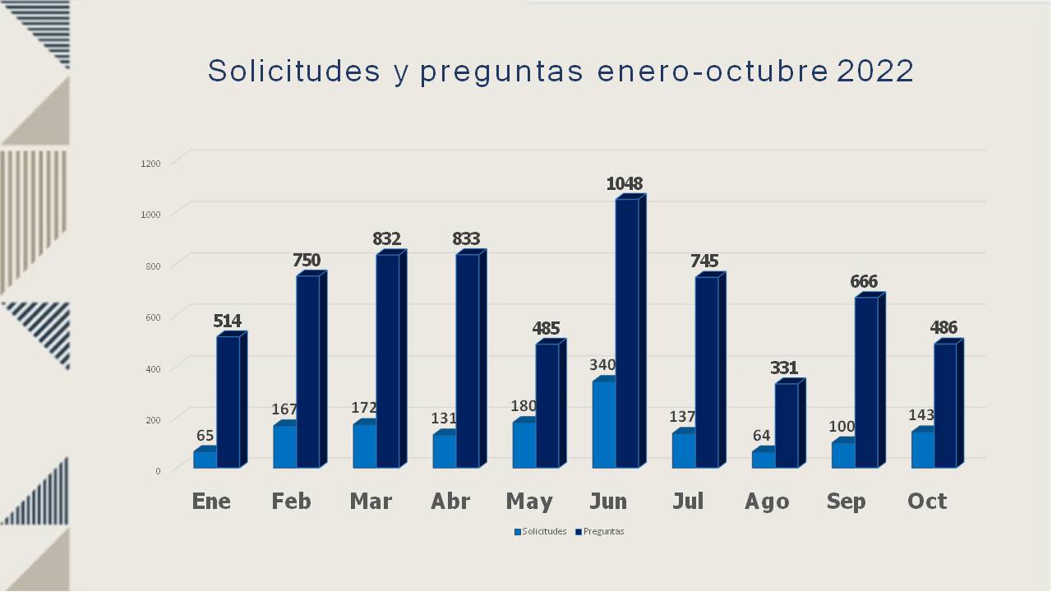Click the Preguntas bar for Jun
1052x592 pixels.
pyautogui.click(x=626, y=333)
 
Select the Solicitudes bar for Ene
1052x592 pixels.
pyautogui.click(x=205, y=460)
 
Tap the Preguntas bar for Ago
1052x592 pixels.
pyautogui.click(x=786, y=425)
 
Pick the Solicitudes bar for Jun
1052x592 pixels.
pyautogui.click(x=603, y=424)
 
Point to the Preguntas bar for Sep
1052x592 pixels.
pyautogui.click(x=865, y=382)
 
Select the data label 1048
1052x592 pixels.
pyautogui.click(x=625, y=183)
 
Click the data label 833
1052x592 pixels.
pyautogui.click(x=466, y=239)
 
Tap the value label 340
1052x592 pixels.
pyautogui.click(x=602, y=365)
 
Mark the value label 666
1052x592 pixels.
pyautogui.click(x=864, y=282)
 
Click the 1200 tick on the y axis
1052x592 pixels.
pyautogui.click(x=150, y=164)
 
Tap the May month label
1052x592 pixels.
pyautogui.click(x=529, y=502)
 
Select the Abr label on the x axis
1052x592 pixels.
pyautogui.click(x=450, y=502)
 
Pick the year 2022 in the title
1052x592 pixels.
pyautogui.click(x=875, y=72)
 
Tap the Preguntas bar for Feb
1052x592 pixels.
pyautogui.click(x=308, y=372)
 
